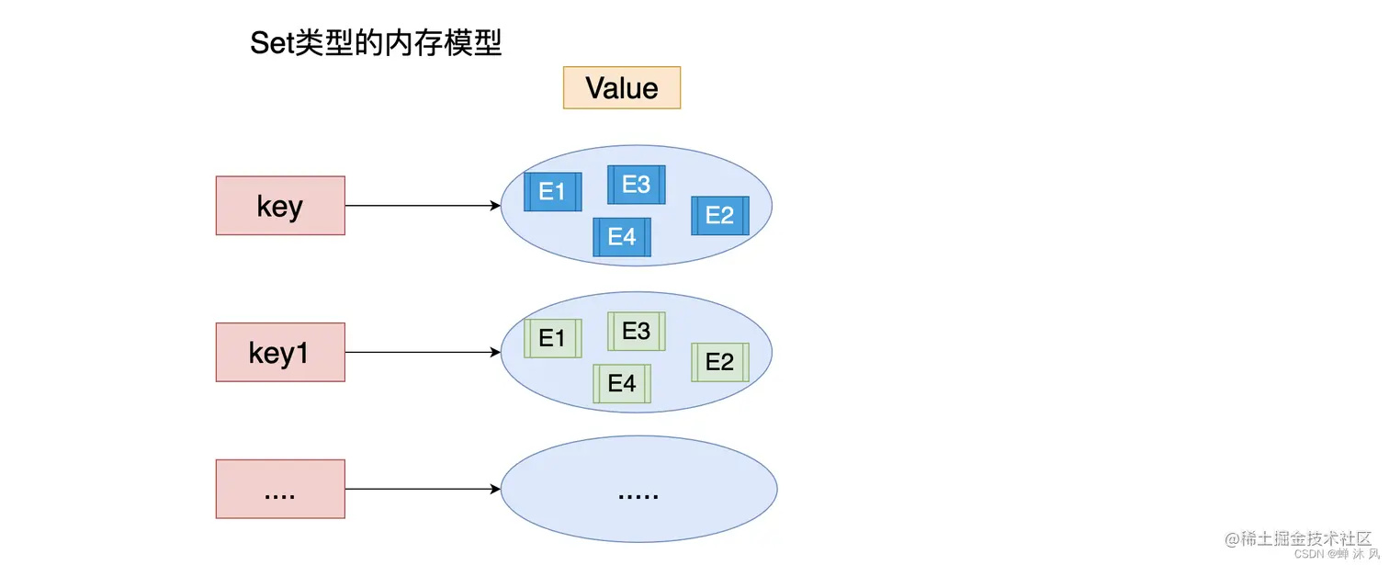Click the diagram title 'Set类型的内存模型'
(376, 42)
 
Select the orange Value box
(622, 88)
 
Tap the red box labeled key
(280, 206)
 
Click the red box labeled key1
(280, 352)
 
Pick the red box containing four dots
(280, 489)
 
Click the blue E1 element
(552, 191)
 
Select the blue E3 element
(636, 185)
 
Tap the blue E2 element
(719, 215)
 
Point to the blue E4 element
(622, 237)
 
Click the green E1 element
(552, 338)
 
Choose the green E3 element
(636, 331)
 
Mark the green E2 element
(719, 362)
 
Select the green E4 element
(622, 383)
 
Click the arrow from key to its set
(423, 206)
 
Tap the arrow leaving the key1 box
(423, 352)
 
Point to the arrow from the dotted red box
(423, 489)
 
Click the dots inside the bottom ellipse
(638, 495)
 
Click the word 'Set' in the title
(271, 42)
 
